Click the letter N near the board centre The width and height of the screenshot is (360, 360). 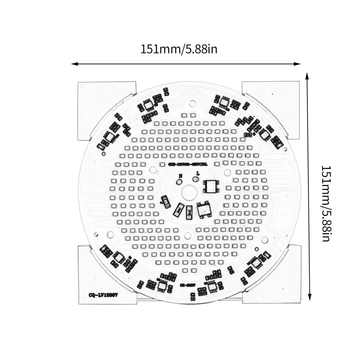pyautogui.click(x=181, y=176)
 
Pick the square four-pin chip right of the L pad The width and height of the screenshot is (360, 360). pyautogui.click(x=210, y=185)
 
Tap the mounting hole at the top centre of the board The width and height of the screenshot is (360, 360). pyautogui.click(x=192, y=103)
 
